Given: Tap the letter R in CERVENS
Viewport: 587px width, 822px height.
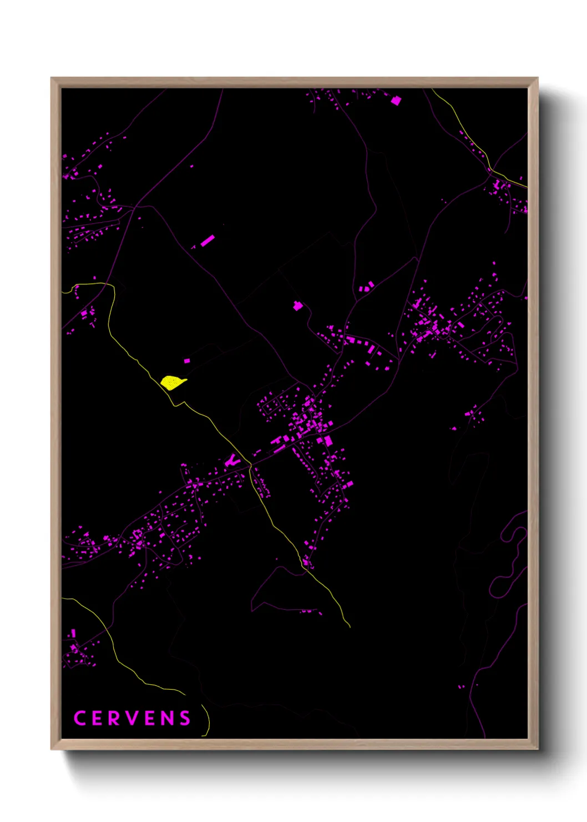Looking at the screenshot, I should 114,718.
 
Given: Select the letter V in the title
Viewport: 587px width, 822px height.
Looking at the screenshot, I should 132,718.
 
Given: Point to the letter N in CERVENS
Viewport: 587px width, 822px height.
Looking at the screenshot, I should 168,718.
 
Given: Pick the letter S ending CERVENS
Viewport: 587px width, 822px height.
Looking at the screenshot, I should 185,718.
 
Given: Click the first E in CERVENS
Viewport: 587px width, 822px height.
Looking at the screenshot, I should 97,718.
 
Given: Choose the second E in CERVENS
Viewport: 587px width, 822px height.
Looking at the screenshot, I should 150,718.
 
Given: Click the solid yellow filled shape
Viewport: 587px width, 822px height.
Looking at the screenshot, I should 172,383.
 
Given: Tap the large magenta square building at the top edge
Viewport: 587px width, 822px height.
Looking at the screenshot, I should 396,101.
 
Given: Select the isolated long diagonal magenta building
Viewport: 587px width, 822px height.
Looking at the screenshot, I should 208,240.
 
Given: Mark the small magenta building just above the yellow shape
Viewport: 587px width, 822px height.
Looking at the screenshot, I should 187,360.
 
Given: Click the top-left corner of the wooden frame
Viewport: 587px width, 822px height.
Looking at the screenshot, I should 52,78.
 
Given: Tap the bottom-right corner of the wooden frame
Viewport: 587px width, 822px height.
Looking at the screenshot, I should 537,749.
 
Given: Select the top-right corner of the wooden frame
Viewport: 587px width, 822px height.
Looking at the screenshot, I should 537,78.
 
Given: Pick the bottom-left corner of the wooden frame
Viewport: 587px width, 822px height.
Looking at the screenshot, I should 52,749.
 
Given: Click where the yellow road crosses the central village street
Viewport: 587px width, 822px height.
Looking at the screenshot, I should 250,464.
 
